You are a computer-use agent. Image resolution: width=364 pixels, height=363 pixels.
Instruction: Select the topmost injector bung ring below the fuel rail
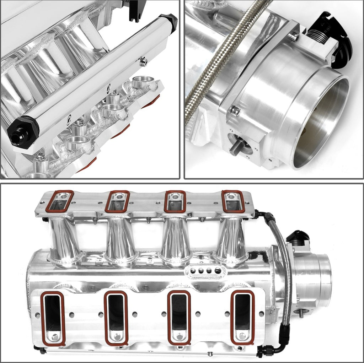(x=143, y=82)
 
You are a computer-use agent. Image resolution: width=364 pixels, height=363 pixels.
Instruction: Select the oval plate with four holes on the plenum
(x=201, y=271)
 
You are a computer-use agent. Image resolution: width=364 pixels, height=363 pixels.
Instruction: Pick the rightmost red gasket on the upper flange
(x=233, y=201)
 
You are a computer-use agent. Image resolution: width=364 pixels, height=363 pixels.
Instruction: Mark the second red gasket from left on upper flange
(x=117, y=201)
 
